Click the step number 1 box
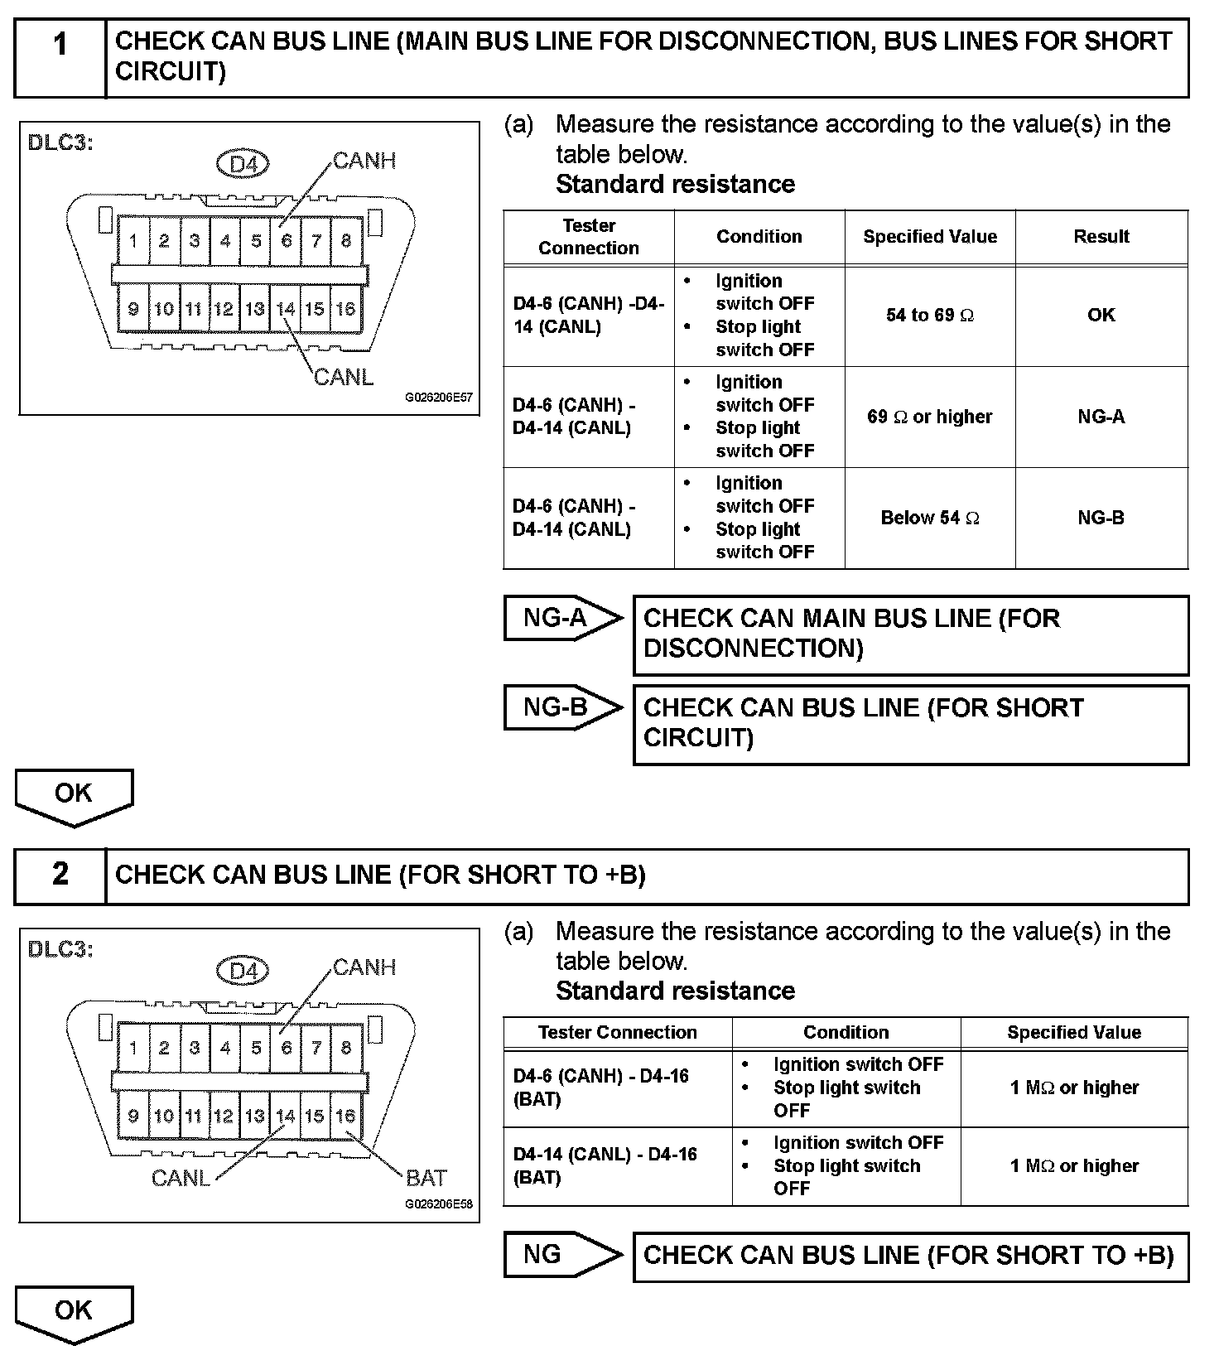[60, 58]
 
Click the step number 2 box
[60, 875]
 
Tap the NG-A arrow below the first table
[561, 618]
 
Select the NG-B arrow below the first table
[561, 707]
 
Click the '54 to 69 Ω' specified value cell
[929, 316]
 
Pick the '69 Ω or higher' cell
[929, 417]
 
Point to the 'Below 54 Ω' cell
[929, 519]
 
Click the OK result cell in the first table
[1101, 316]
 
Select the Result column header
[1101, 237]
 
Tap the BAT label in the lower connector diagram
[426, 1177]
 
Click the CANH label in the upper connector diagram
[364, 161]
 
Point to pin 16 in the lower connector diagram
[345, 1116]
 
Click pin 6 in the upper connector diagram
[286, 241]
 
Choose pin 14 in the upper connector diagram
[286, 310]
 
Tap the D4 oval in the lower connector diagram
[243, 971]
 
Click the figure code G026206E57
[438, 398]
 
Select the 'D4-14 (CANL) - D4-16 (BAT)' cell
[605, 1165]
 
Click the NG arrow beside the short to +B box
[561, 1255]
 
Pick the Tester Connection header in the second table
[617, 1033]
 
